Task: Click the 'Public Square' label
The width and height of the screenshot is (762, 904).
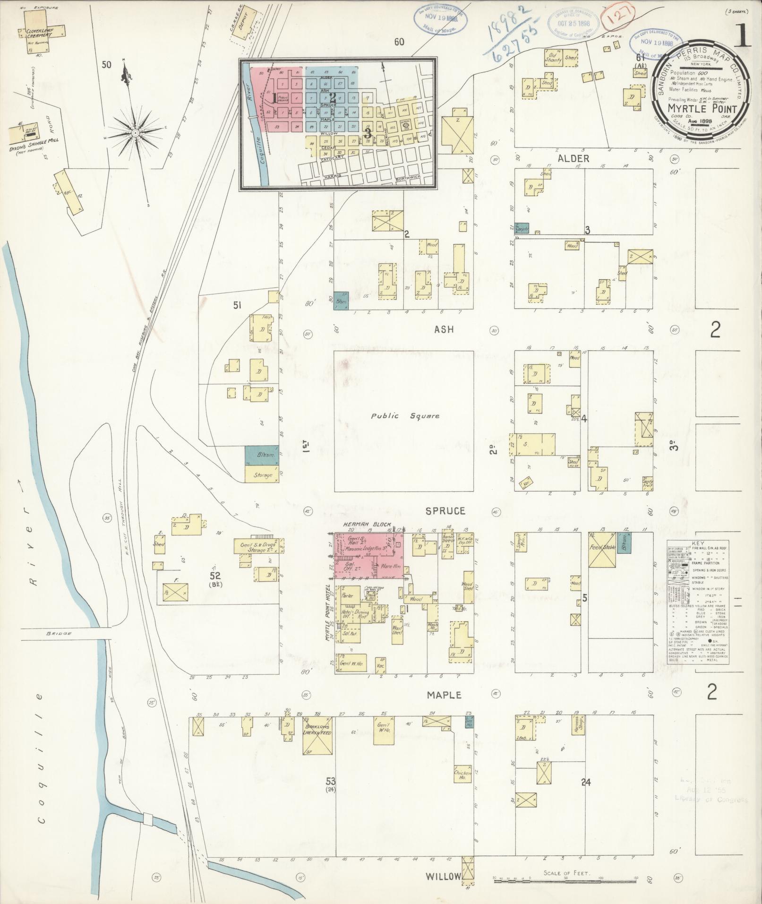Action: (405, 416)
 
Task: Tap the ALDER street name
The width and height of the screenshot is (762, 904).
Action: (573, 159)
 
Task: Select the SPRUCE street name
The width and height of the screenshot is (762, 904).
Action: (445, 511)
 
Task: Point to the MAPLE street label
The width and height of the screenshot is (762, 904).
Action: (445, 695)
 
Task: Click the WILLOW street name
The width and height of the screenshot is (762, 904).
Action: (443, 876)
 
